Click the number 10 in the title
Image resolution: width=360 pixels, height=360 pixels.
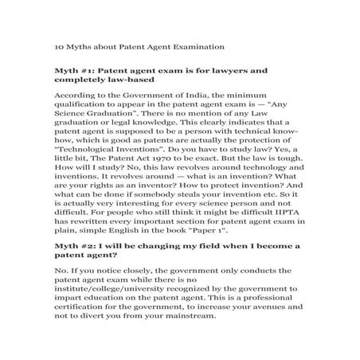(x=59, y=46)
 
